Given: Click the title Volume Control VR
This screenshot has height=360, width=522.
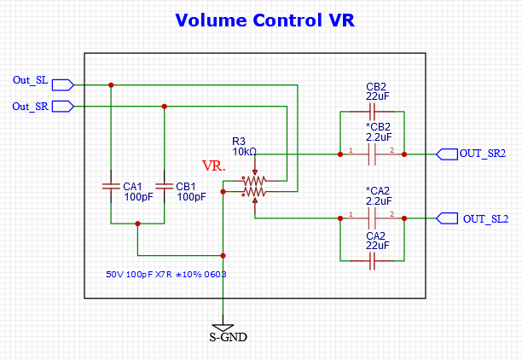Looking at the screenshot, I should (264, 20).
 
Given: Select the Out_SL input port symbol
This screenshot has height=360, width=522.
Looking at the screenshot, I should (63, 84).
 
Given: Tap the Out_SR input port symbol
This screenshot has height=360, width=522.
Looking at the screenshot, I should (63, 106).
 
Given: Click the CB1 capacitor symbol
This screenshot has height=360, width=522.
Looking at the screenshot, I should (164, 186).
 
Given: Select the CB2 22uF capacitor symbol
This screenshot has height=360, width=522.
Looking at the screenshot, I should (371, 113).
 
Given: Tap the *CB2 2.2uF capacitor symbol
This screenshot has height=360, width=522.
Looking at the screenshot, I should (371, 154).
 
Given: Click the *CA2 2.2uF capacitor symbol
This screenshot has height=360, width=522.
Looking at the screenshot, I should (371, 218).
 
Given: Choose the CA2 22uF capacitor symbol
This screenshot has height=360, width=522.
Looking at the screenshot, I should (371, 261).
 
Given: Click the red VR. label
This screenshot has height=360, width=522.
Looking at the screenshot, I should (213, 165).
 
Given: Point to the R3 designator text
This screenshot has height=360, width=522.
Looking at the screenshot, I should (239, 141).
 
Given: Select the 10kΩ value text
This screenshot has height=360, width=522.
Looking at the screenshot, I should (243, 152).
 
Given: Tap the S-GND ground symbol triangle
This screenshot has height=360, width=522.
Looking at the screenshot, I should (223, 327).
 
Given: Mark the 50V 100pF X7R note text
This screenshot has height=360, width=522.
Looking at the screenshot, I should (166, 276).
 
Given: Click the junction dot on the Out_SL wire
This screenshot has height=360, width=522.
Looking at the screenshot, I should (111, 84).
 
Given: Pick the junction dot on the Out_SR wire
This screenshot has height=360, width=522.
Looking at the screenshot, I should (164, 106).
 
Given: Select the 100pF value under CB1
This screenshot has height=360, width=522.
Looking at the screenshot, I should (191, 197).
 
